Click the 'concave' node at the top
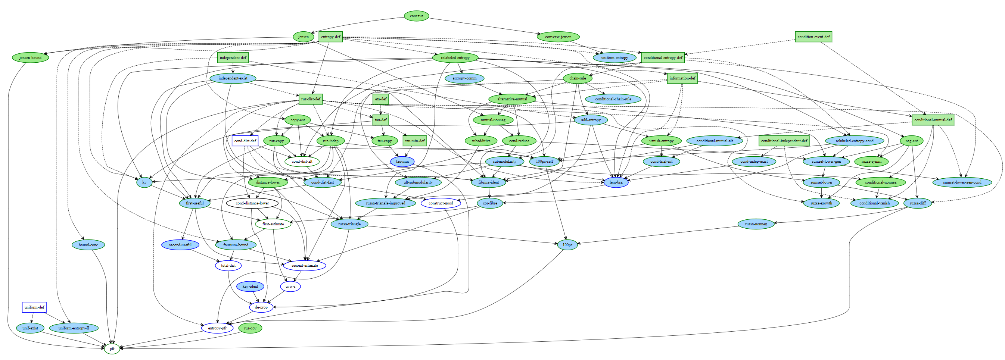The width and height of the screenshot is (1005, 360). (x=416, y=16)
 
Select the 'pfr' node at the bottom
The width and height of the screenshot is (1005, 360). (x=112, y=348)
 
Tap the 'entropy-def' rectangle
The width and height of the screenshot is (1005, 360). (x=330, y=37)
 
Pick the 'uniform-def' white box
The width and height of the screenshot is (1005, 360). (x=34, y=307)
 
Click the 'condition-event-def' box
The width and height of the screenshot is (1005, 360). (x=813, y=37)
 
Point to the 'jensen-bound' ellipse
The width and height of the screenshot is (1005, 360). (x=31, y=58)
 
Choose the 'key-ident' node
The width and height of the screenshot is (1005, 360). (x=250, y=286)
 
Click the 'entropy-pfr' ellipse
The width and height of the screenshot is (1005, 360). (x=217, y=328)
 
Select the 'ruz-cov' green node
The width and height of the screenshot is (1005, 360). (x=250, y=328)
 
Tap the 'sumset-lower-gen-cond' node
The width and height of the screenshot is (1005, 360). (x=962, y=182)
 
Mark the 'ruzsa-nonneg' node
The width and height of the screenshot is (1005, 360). (x=756, y=224)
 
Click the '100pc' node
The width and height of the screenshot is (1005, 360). (x=567, y=245)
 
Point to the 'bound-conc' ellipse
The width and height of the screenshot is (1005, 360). (x=88, y=245)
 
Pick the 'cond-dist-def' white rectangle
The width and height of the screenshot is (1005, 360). (x=245, y=141)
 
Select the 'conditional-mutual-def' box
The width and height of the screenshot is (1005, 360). (x=933, y=120)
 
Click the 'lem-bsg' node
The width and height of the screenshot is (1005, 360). (x=616, y=182)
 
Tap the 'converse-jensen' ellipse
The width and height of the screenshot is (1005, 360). (x=558, y=37)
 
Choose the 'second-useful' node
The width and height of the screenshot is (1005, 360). (x=180, y=245)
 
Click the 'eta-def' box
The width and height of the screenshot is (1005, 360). (x=380, y=99)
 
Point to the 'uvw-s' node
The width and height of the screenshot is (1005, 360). (x=290, y=286)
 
